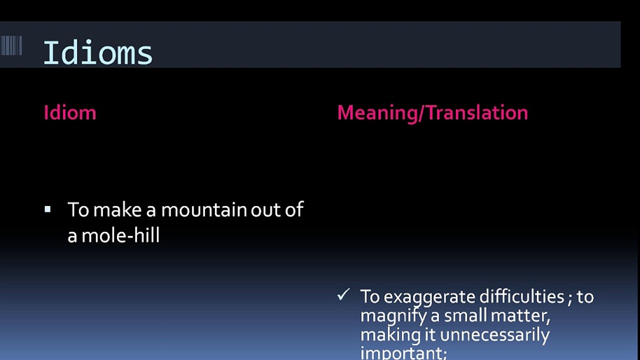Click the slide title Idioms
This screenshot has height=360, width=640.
(97, 53)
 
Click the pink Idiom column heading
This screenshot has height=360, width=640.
(69, 112)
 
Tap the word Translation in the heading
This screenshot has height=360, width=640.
(477, 112)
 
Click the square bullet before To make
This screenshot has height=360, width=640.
(47, 209)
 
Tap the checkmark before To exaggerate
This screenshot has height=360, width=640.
(343, 295)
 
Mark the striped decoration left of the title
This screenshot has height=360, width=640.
(11, 45)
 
